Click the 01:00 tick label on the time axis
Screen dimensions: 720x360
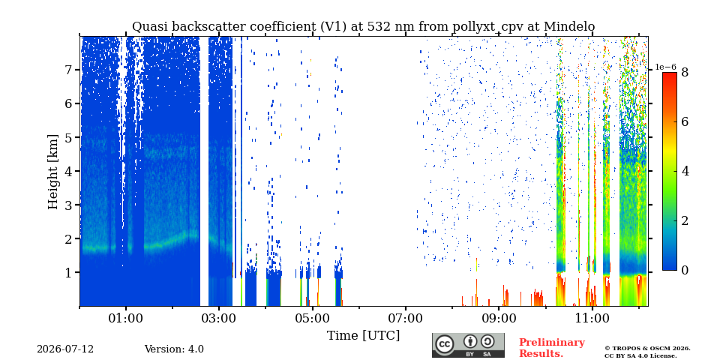tap(126, 319)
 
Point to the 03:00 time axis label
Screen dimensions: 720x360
tap(219, 319)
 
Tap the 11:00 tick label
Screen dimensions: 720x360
tap(592, 319)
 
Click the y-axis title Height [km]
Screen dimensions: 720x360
tap(53, 172)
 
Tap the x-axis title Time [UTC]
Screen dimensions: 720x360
tap(363, 336)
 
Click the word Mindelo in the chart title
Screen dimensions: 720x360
tap(569, 27)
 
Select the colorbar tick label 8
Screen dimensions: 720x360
tap(685, 72)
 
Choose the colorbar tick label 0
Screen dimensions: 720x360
tap(685, 271)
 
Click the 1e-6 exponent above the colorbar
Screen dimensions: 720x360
tap(665, 67)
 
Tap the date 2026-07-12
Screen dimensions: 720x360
tap(65, 349)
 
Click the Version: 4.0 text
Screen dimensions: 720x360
tap(174, 349)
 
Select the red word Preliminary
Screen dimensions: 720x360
tap(552, 343)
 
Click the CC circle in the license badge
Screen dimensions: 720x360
tap(445, 345)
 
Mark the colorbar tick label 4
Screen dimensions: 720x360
tap(685, 171)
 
